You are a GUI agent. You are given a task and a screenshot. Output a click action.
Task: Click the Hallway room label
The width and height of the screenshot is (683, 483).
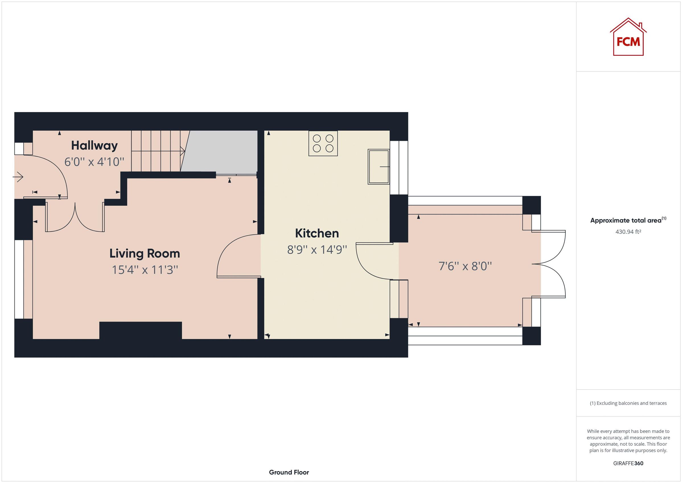coord(94,145)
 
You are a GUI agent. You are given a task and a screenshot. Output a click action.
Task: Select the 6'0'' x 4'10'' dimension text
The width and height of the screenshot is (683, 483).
coord(94,162)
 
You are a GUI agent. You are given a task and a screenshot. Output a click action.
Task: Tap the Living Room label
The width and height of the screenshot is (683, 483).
coord(145,253)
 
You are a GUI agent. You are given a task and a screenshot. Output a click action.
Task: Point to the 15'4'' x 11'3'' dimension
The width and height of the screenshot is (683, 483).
coord(145,270)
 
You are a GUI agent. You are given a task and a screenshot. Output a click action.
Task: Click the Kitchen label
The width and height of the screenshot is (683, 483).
coord(317,233)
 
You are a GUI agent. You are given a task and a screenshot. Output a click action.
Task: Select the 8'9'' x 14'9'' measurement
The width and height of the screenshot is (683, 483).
coord(317,250)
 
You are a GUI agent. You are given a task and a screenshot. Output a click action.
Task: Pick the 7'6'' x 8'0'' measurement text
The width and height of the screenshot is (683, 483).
coord(465,266)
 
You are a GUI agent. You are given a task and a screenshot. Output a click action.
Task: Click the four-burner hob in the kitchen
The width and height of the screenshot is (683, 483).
coord(323,143)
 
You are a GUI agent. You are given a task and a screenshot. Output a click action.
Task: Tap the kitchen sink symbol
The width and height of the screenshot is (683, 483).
coord(378,167)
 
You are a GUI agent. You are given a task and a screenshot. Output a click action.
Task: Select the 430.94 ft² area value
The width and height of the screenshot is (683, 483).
coord(628,232)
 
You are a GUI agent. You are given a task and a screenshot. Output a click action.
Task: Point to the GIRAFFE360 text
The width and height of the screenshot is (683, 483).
coord(628,463)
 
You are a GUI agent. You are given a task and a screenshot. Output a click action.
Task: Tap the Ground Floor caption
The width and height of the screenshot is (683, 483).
coord(289,472)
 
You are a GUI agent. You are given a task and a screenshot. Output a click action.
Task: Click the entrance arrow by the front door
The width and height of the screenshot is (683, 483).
coord(18,177)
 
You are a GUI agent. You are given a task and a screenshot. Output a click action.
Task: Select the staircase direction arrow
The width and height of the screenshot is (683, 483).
coord(182,151)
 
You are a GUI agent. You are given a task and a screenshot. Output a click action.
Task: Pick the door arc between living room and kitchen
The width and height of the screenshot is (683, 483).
coord(235,253)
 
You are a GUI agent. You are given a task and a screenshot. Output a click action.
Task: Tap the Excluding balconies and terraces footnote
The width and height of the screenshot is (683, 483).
coord(628,403)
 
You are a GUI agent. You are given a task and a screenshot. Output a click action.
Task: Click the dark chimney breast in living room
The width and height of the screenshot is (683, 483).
coord(140,330)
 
